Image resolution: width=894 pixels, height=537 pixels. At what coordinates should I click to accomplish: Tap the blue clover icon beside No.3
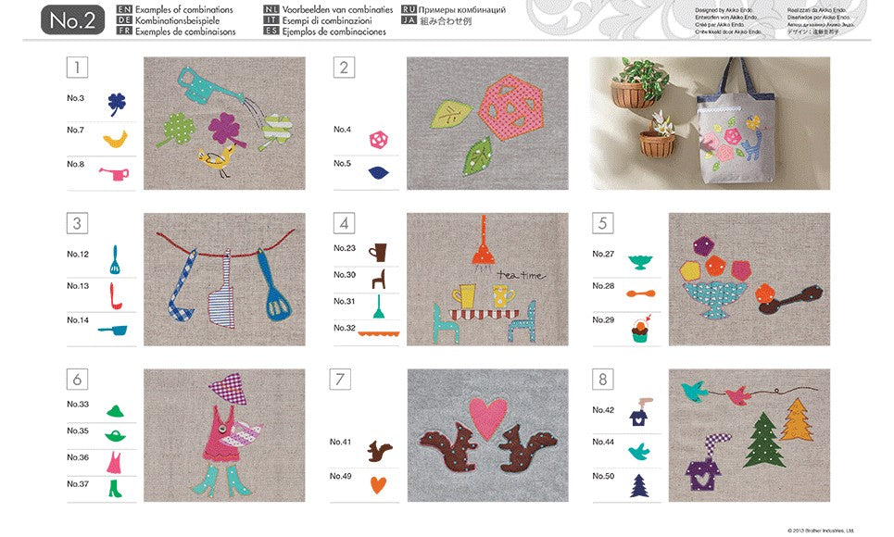click(117, 103)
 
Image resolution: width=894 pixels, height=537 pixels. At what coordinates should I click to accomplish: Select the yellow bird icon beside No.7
click(116, 138)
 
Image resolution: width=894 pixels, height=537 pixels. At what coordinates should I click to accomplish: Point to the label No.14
click(77, 319)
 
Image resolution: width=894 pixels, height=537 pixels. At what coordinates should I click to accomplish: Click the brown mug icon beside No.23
click(379, 251)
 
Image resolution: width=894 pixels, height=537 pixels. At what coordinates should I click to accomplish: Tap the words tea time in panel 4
click(522, 275)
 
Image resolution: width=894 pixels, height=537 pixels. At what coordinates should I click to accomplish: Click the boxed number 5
click(602, 223)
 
